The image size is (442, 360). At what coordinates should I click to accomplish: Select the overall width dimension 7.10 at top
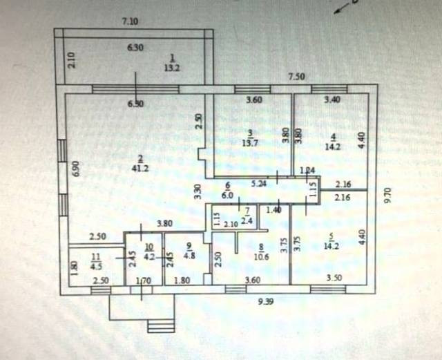tap(129, 22)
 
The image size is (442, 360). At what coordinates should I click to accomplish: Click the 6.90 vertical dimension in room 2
tap(77, 167)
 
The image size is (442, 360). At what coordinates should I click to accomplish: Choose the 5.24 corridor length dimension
tap(259, 184)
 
